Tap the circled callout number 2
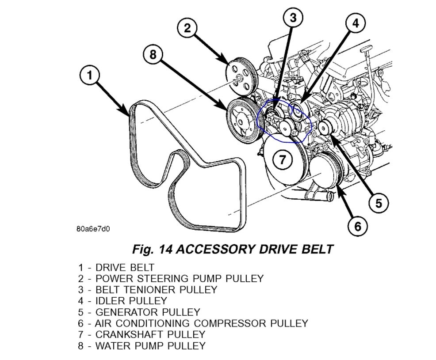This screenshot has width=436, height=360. pos(187,28)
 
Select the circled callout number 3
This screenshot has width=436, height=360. pos(293,19)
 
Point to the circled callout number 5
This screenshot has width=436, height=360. pos(379,203)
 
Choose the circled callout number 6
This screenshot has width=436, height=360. pos(357,227)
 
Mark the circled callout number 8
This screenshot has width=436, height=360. pos(153,55)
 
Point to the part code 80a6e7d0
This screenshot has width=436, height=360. pos(92,229)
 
